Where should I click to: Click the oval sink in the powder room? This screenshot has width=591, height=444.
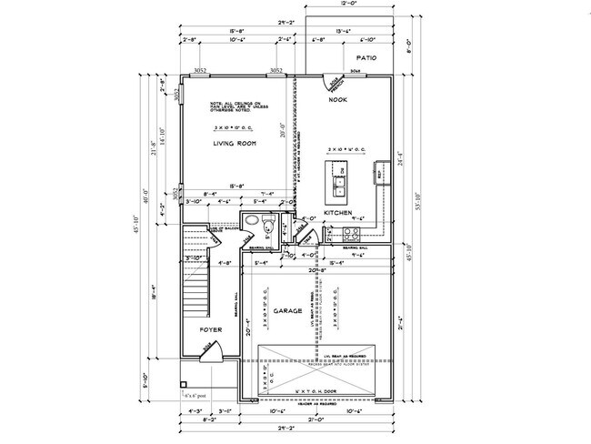coord(251,223)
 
